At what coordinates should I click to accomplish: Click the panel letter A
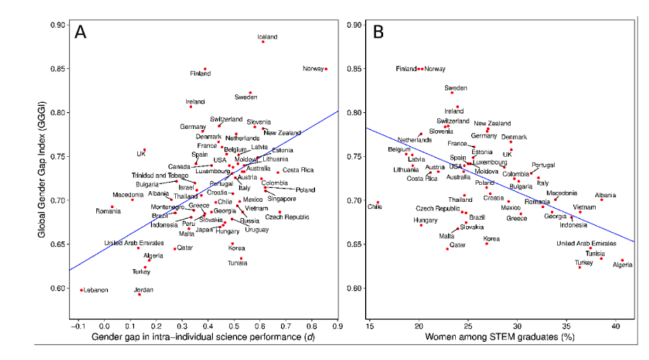(x=81, y=32)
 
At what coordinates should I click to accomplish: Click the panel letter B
(x=377, y=32)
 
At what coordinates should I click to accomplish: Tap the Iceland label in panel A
(x=267, y=38)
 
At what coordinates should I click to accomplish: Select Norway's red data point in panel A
(x=326, y=69)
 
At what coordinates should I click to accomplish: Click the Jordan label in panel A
(x=143, y=289)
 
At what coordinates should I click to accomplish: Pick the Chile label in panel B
(x=375, y=207)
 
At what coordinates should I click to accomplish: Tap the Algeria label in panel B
(x=622, y=265)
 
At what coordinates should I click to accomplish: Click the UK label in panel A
(x=141, y=154)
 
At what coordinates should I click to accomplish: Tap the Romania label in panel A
(x=108, y=211)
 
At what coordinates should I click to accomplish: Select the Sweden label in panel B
(x=456, y=88)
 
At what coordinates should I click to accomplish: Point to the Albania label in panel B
(x=606, y=195)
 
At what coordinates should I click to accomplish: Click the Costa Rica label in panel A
(x=298, y=170)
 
